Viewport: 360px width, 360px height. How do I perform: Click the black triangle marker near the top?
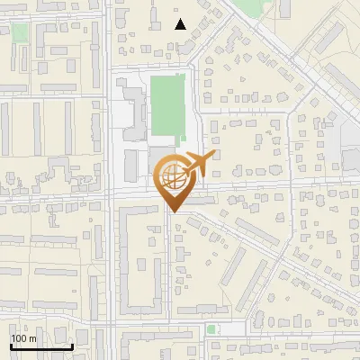pos(181,24)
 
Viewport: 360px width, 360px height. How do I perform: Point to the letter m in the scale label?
pos(32,338)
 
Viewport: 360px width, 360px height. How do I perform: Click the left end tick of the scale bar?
pos(11,345)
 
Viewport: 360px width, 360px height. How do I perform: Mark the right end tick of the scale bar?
pos(73,345)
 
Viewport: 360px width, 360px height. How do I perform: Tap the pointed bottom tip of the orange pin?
pos(171,211)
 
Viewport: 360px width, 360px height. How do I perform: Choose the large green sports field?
pos(168,107)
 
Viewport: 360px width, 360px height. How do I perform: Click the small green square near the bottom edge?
pos(211,329)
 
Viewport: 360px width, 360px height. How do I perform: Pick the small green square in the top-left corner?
pos(20,32)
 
